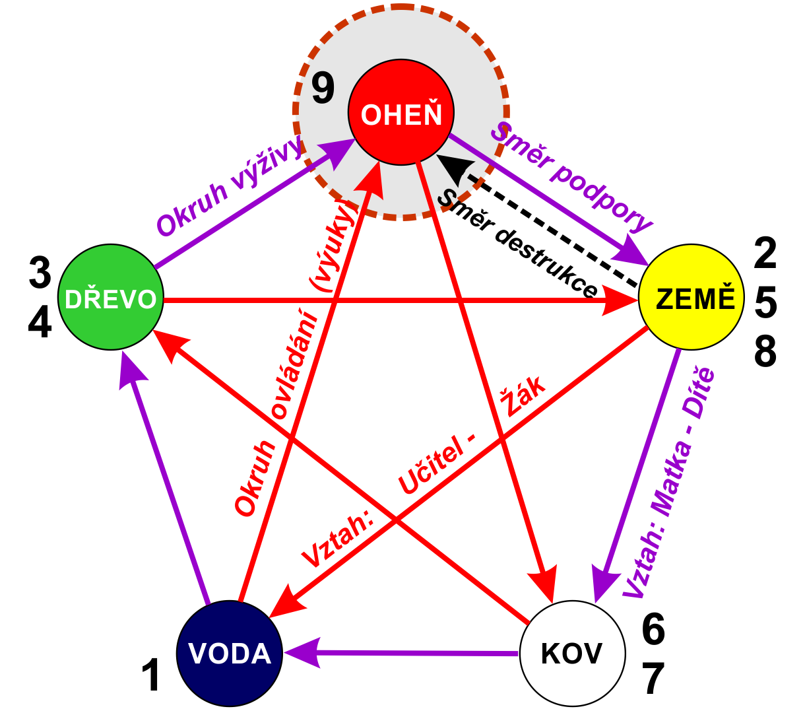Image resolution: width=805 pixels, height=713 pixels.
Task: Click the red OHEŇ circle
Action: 401,112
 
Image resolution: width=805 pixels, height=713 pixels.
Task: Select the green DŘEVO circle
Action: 111,297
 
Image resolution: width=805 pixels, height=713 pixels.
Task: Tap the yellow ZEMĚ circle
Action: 692,297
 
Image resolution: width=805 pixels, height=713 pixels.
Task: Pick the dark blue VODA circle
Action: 230,654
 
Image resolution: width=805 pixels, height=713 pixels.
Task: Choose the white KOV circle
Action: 573,654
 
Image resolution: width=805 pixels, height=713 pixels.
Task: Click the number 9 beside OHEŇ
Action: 322,88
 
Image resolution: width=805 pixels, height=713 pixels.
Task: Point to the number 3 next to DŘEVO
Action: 40,273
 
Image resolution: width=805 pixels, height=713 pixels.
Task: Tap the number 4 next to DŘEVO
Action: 40,322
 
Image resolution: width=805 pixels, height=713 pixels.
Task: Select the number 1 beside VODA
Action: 152,675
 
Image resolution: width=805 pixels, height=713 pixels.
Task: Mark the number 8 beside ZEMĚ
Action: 765,351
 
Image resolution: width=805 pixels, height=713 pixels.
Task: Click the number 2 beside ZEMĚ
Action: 765,253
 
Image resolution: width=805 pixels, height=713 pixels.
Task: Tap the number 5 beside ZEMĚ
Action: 765,303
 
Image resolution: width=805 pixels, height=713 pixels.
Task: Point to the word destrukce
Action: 546,263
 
